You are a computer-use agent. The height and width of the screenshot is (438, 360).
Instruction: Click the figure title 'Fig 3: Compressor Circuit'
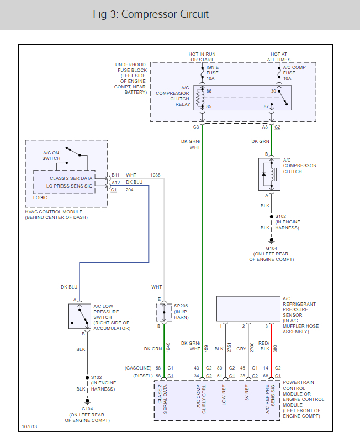(x=151, y=14)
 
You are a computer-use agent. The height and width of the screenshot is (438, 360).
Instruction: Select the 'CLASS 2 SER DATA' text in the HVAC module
(x=72, y=178)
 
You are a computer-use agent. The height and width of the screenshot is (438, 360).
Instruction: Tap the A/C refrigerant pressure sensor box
(x=247, y=309)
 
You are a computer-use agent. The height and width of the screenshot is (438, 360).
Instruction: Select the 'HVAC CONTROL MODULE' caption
(x=53, y=212)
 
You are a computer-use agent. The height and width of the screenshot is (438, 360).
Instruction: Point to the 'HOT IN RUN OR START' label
(x=202, y=57)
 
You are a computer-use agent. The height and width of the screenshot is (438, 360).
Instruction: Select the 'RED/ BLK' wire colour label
(x=264, y=345)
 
